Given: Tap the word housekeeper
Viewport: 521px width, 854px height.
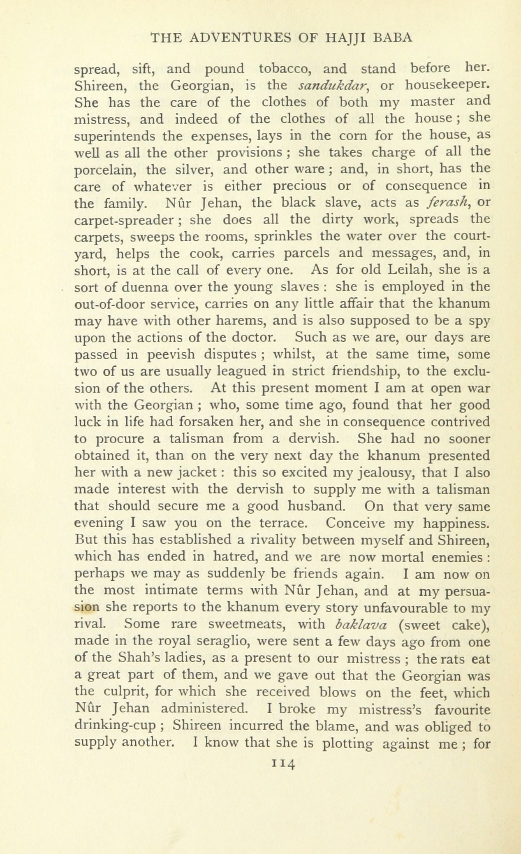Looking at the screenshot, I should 447,86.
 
